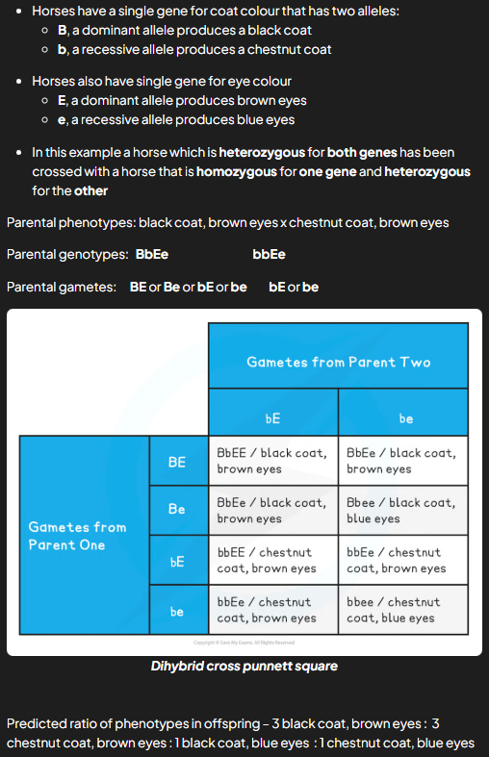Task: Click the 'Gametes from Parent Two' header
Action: pyautogui.click(x=338, y=362)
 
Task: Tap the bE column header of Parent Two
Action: pyautogui.click(x=272, y=418)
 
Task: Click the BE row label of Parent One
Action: pyautogui.click(x=177, y=462)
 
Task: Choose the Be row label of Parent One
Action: pyautogui.click(x=177, y=510)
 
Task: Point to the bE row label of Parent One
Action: pyautogui.click(x=177, y=560)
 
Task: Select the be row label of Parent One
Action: pyautogui.click(x=177, y=610)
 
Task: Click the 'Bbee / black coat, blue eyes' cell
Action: pyautogui.click(x=403, y=511)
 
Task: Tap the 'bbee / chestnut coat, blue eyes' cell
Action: pyautogui.click(x=403, y=610)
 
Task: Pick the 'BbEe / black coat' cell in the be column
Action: pyautogui.click(x=403, y=461)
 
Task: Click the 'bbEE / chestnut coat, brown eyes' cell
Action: pyautogui.click(x=272, y=560)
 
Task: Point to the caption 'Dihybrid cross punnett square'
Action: pyautogui.click(x=244, y=666)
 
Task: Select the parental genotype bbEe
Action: pyautogui.click(x=269, y=255)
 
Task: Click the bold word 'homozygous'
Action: pyautogui.click(x=238, y=171)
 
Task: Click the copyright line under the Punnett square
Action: pyautogui.click(x=244, y=643)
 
